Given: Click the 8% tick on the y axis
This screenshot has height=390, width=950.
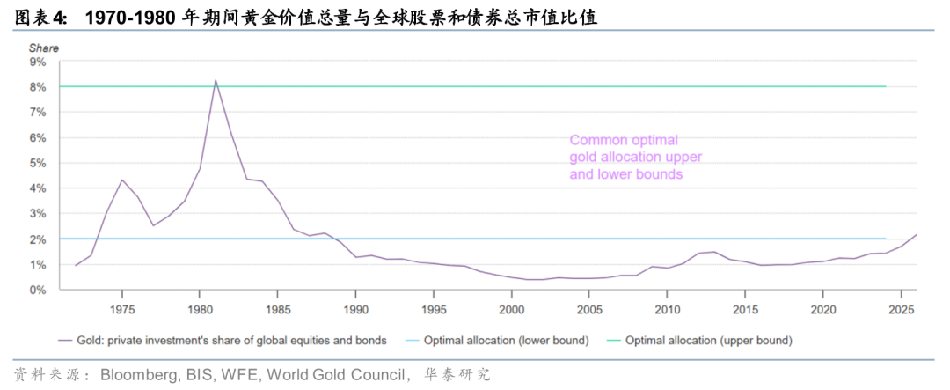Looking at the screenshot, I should coord(37,87).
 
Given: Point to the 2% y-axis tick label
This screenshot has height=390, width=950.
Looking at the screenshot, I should coord(37,239).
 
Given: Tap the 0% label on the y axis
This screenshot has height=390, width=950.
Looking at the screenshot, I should coord(37,290).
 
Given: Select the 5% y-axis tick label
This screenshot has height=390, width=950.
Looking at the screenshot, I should coord(37,163).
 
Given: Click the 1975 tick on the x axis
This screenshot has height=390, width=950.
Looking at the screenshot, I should coord(122,310).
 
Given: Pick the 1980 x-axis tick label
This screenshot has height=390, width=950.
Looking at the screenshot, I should coord(200,310).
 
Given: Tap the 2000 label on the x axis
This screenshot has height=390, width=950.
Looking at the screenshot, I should coord(512,310).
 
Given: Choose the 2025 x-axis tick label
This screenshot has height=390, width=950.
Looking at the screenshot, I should coord(901,310).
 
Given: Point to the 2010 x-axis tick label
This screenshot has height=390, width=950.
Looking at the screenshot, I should coord(668,310).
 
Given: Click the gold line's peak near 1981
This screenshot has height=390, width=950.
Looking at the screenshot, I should coord(216,80).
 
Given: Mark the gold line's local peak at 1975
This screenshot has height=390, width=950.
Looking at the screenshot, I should coord(122,180).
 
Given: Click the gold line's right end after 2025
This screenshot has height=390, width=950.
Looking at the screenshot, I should coord(917,234).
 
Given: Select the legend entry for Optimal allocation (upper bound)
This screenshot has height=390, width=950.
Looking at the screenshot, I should coord(708,340).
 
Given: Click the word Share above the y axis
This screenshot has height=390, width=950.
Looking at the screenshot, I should coord(44,48).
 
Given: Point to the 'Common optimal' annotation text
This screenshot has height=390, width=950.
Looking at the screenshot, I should coord(624,140).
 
